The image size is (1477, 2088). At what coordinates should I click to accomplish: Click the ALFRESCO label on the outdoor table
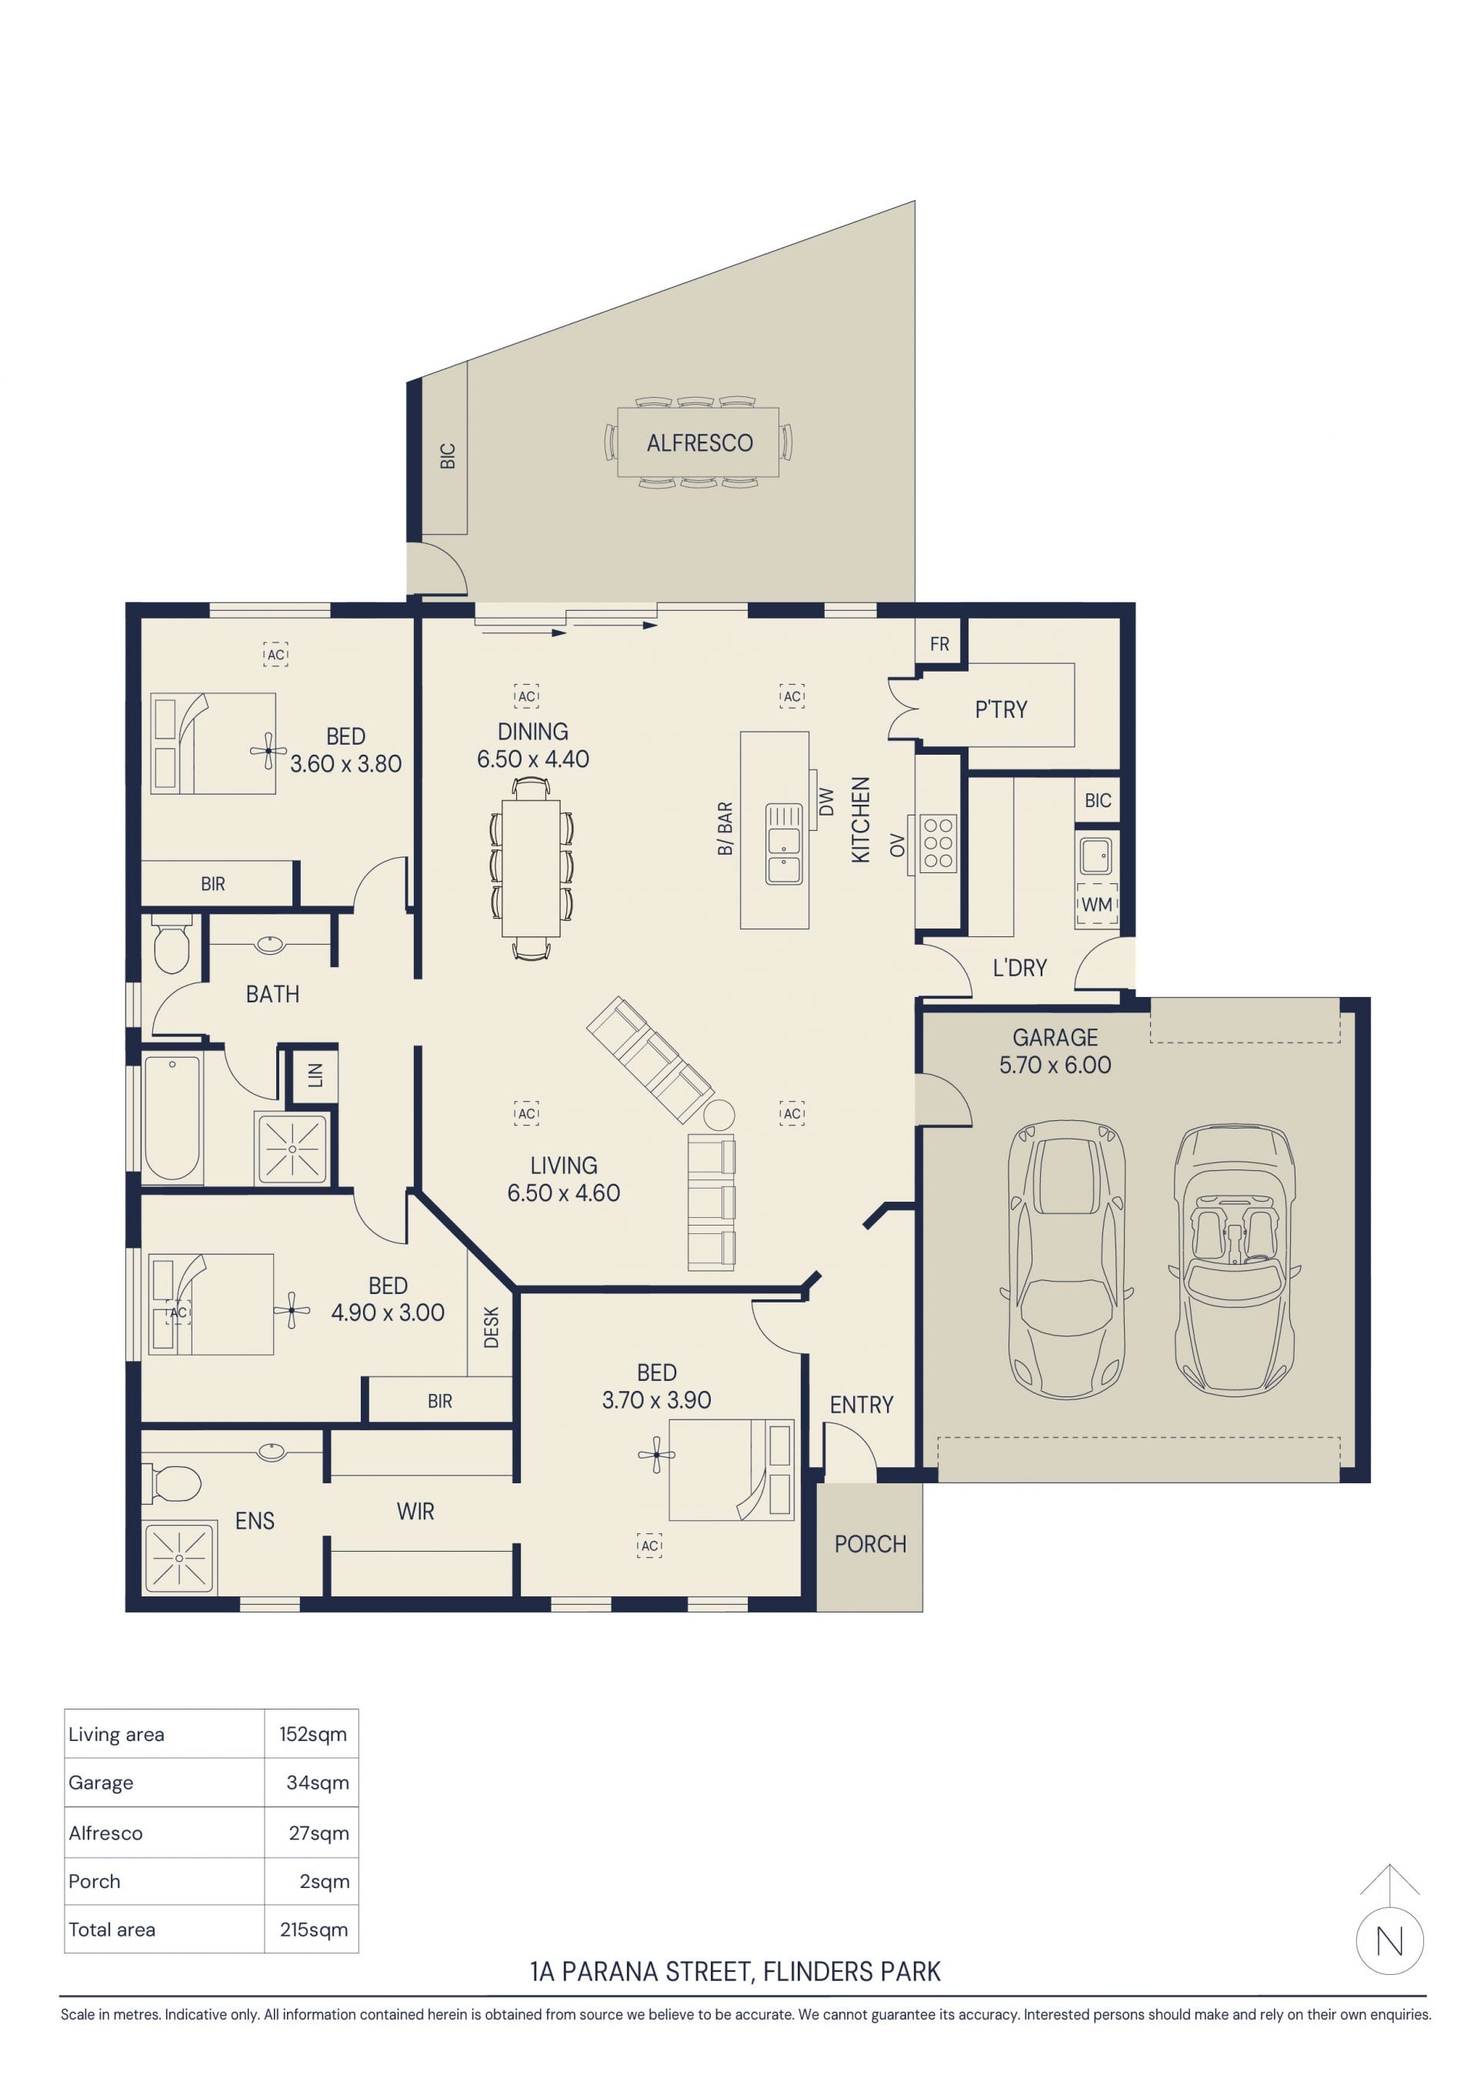click(699, 443)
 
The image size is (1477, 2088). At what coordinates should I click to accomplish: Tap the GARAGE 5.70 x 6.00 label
click(1055, 1051)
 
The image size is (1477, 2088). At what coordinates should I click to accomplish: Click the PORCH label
click(870, 1544)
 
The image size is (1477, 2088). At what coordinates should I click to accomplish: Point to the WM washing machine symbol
click(1097, 904)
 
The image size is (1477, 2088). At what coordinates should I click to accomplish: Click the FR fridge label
click(939, 644)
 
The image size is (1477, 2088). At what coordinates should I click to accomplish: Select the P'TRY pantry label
click(1002, 709)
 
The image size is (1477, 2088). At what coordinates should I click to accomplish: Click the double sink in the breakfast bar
click(784, 844)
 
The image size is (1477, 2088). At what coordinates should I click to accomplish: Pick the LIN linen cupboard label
click(315, 1076)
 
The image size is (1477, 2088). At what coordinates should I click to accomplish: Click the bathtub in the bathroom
click(172, 1119)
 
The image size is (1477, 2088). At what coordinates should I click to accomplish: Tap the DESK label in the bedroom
click(491, 1327)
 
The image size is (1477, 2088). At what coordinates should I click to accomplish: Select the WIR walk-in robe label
click(415, 1512)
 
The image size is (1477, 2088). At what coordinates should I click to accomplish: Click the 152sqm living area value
click(313, 1734)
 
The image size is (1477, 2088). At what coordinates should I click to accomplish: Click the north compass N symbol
click(1390, 1942)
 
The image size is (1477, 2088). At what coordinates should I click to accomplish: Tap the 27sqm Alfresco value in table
click(318, 1833)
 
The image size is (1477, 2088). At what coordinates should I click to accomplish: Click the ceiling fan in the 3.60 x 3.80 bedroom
click(268, 750)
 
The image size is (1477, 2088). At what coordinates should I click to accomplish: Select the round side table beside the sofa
click(718, 1115)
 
